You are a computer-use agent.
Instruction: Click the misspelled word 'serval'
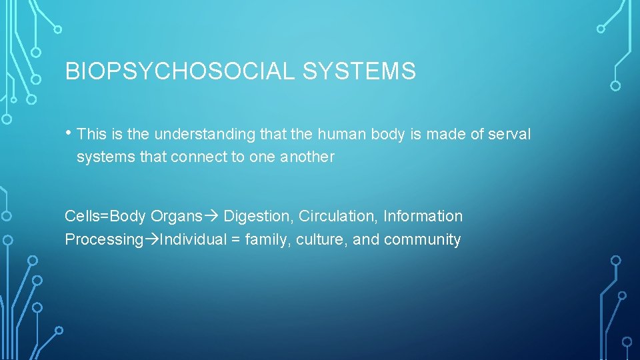[x=509, y=134]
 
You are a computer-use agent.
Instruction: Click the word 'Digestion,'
[x=259, y=217]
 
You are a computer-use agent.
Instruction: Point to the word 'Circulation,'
[x=339, y=216]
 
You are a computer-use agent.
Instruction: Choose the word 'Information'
[x=423, y=216]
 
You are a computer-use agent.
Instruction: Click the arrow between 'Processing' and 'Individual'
[x=151, y=240]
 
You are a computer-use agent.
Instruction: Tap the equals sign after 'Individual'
[x=236, y=240]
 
